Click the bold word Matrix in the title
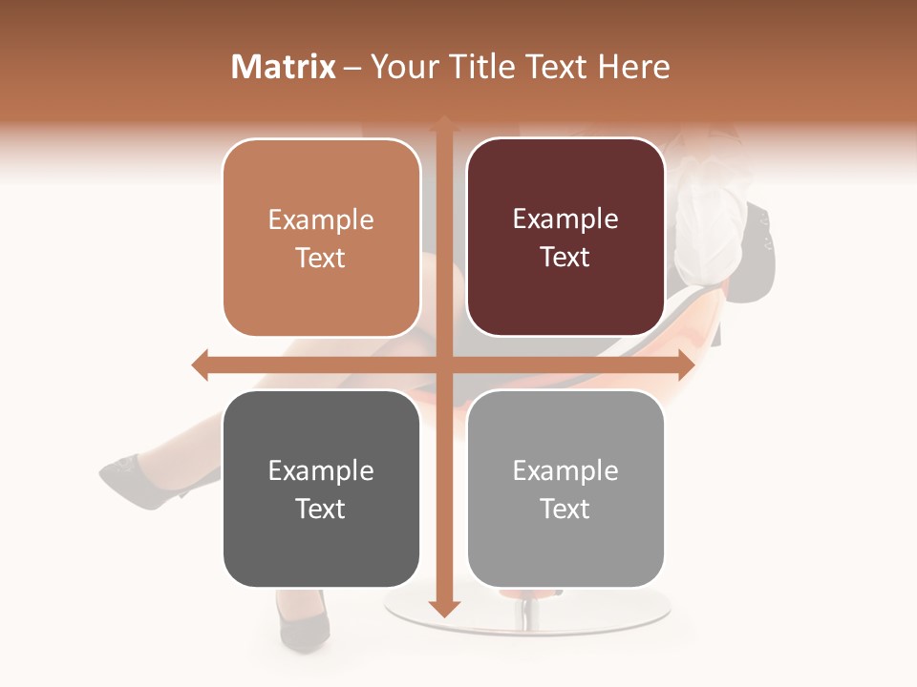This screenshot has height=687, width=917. [284, 67]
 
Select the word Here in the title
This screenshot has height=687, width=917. [633, 67]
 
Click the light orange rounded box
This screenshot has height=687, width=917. [321, 238]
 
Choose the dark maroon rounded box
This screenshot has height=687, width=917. [565, 238]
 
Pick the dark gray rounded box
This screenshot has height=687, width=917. [321, 489]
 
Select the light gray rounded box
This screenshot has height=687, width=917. [565, 489]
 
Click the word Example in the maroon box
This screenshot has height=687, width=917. [565, 219]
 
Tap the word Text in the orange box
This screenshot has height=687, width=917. [320, 258]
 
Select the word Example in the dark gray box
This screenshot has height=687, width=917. [320, 470]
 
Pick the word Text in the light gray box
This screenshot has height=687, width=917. [565, 509]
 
